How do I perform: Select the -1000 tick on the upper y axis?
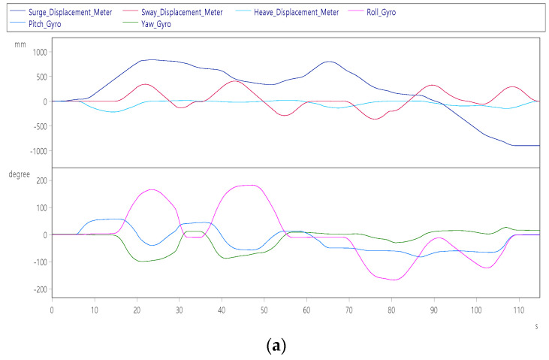[x=35, y=151]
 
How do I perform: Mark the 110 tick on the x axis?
[x=518, y=309]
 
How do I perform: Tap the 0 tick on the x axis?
[x=52, y=309]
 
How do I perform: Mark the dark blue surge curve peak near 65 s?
[x=329, y=62]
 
